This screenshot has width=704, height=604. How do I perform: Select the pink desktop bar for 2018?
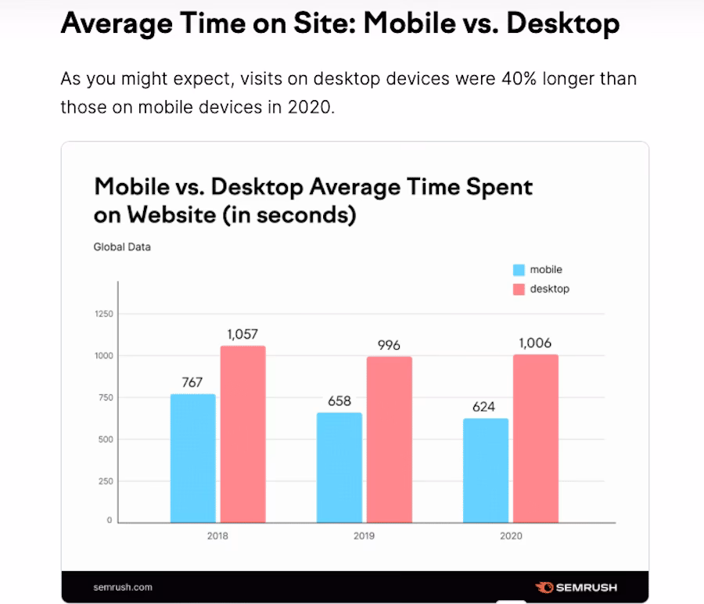[x=242, y=434]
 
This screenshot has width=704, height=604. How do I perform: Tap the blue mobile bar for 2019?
[x=339, y=467]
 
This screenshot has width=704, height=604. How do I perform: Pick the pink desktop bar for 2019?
[x=389, y=439]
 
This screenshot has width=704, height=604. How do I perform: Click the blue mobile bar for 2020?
[x=486, y=470]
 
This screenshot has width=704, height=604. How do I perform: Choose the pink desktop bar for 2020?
[x=536, y=438]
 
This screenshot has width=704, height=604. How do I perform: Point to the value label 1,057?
[x=242, y=334]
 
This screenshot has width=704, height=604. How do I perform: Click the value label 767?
[x=192, y=383]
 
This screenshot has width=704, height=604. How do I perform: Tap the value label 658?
[x=339, y=401]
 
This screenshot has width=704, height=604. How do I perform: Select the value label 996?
[x=389, y=345]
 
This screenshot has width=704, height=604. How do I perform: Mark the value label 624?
[x=486, y=407]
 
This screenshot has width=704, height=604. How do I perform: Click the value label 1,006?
[x=536, y=343]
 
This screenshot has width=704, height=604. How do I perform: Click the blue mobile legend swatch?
[x=519, y=270]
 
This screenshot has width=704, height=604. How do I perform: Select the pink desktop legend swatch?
[x=519, y=289]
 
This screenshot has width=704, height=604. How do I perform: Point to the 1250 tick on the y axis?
[x=103, y=315]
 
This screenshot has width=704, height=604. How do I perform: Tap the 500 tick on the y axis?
[x=106, y=440]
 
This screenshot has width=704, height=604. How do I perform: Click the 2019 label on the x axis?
[x=364, y=537]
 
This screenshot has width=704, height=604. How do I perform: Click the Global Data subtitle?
[x=122, y=247]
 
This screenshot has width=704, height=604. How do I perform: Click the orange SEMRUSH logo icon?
[x=544, y=587]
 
